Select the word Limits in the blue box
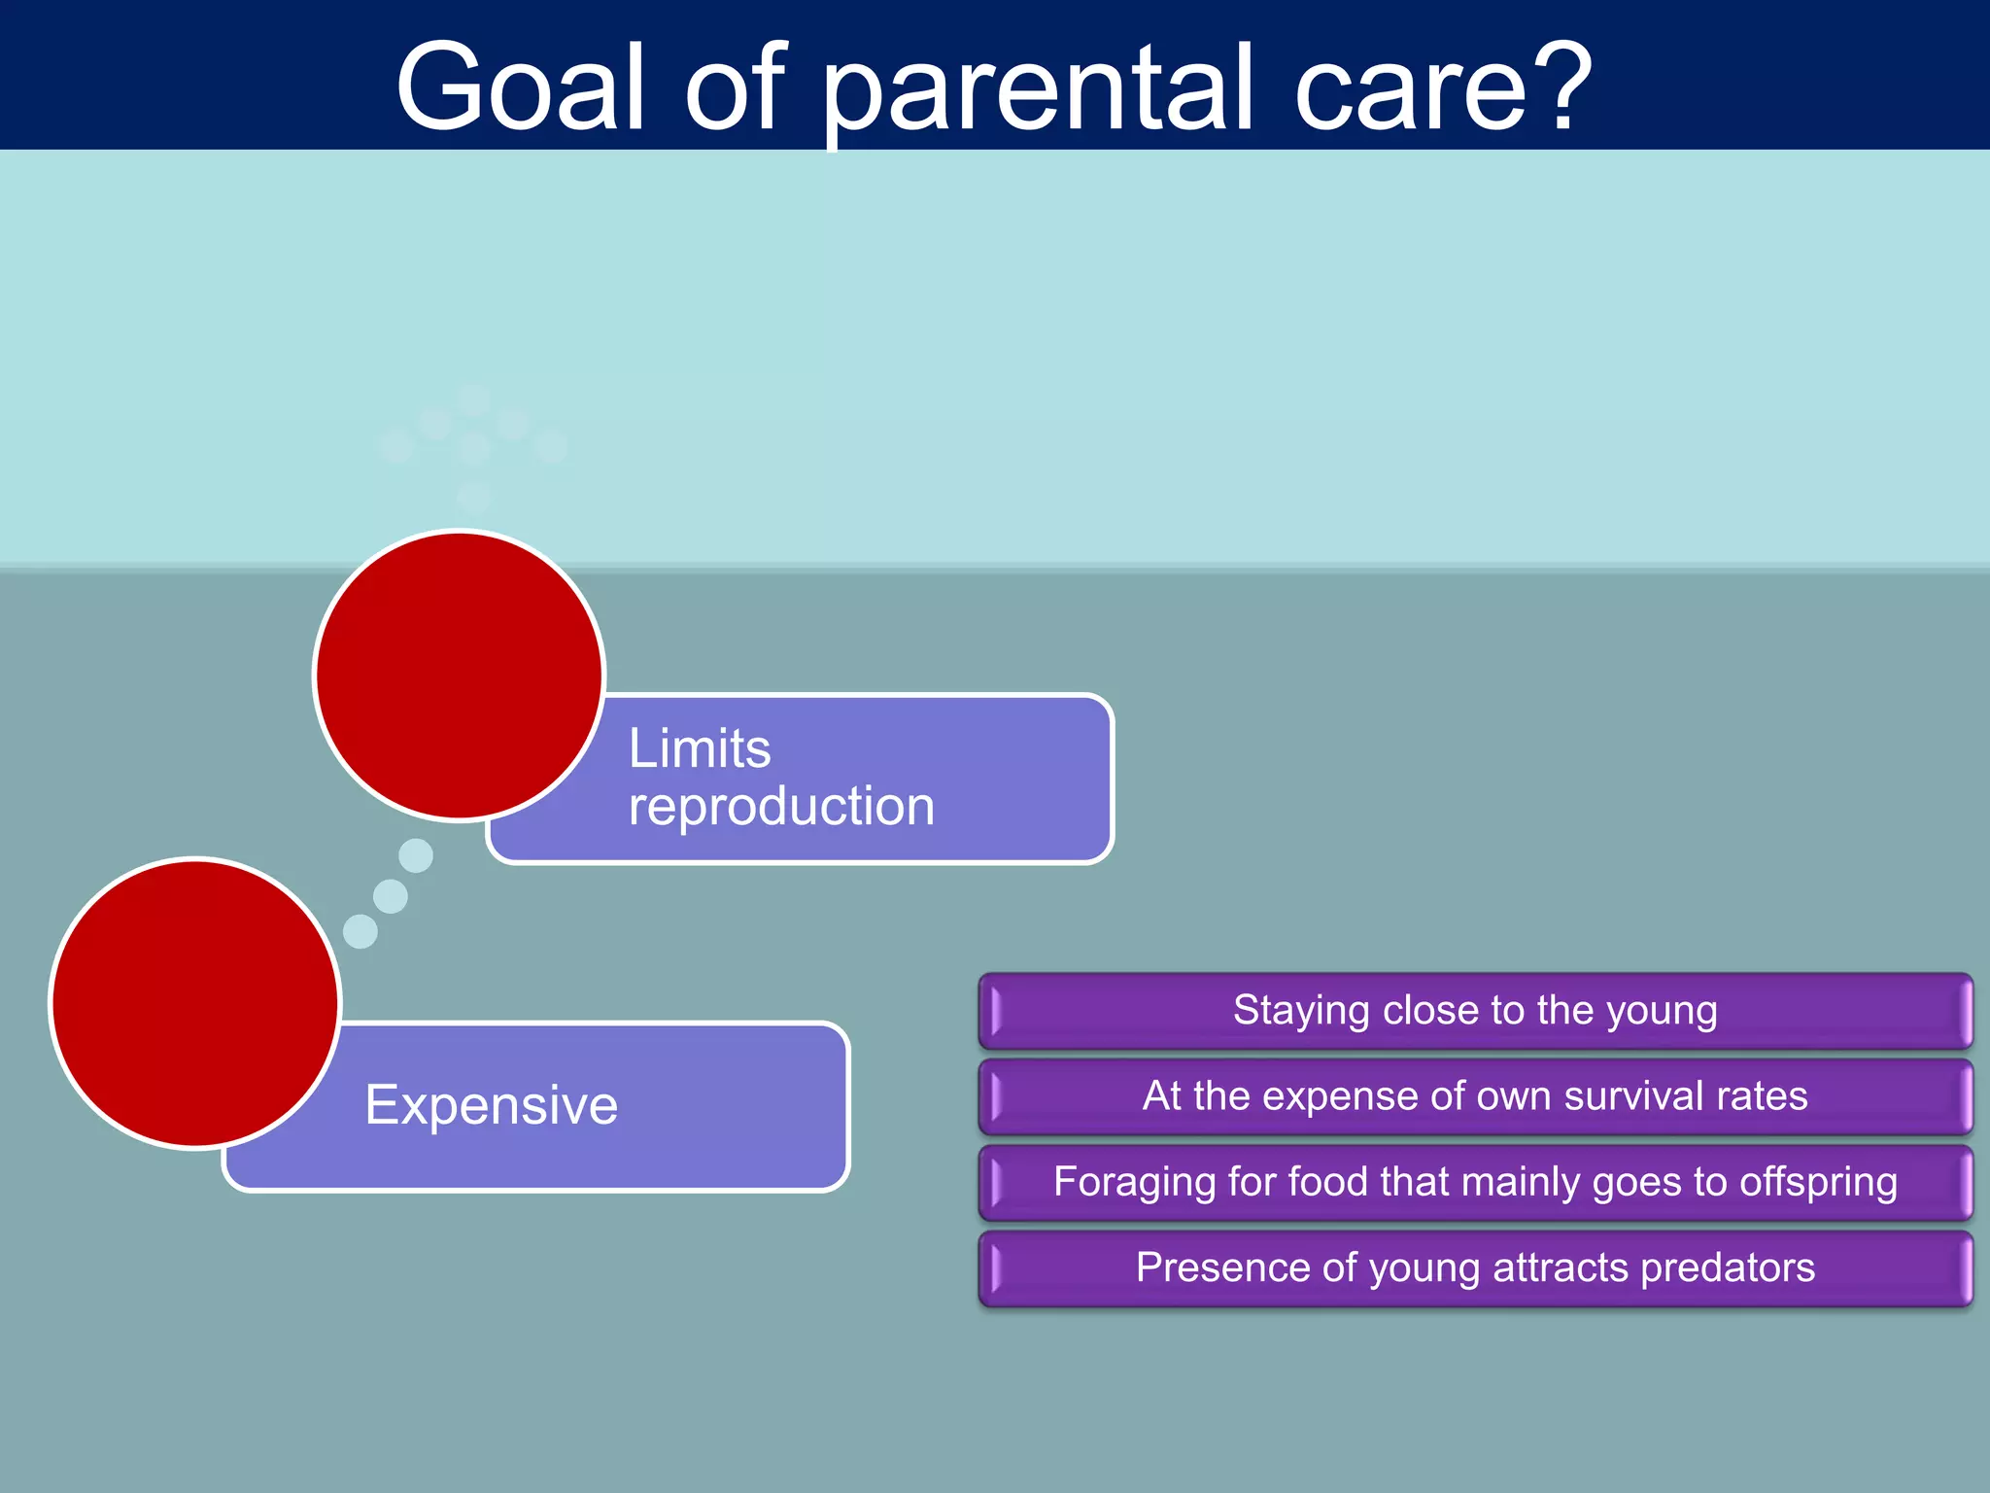pyautogui.click(x=700, y=748)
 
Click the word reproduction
pyautogui.click(x=781, y=807)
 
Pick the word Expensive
pyautogui.click(x=492, y=1105)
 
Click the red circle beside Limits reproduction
pyautogui.click(x=460, y=676)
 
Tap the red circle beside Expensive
pyautogui.click(x=195, y=1003)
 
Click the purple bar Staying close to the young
pyautogui.click(x=1475, y=1011)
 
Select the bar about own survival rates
pyautogui.click(x=1475, y=1096)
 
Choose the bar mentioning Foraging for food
pyautogui.click(x=1475, y=1182)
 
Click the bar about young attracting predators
pyautogui.click(x=1475, y=1267)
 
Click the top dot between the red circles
pyautogui.click(x=416, y=855)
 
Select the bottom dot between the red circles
pyautogui.click(x=360, y=931)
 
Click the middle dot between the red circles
pyautogui.click(x=391, y=895)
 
